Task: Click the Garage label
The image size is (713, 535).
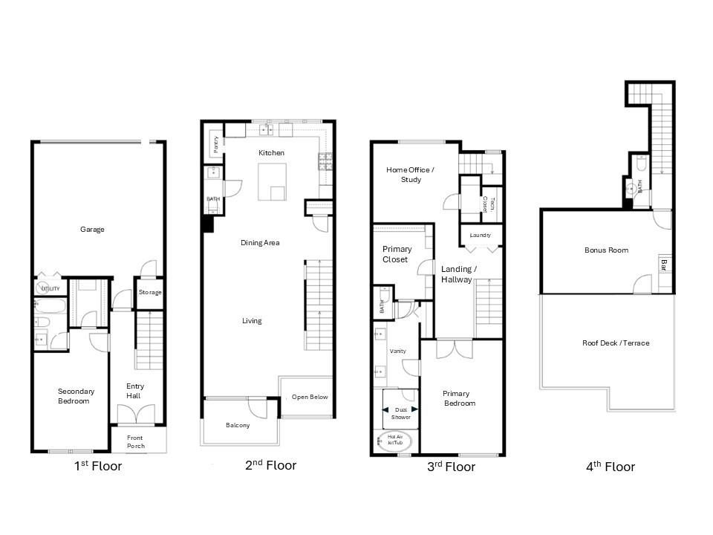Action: pos(92,230)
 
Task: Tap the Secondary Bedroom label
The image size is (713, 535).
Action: pos(76,396)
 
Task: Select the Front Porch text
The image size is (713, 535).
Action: pos(135,441)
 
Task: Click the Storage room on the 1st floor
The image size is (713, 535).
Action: pos(150,293)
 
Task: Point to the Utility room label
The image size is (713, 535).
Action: pos(51,288)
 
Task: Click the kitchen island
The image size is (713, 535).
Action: pos(272,182)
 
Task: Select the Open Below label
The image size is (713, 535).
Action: pos(310,397)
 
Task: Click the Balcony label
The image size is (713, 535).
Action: pos(238,425)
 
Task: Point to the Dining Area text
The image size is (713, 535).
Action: pos(260,242)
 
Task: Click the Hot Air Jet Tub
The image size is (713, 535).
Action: pos(394,441)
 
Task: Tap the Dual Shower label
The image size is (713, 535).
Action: pos(400,413)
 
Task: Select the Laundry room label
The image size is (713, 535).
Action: pos(481,236)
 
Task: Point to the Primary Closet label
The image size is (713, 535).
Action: pos(397,254)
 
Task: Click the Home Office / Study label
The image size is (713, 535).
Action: pos(410,175)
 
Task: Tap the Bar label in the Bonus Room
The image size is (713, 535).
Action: pos(664,265)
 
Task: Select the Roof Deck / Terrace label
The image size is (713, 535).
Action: pos(616,343)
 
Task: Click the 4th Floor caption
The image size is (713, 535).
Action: pos(611,467)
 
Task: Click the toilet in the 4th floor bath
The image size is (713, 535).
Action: pos(641,163)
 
